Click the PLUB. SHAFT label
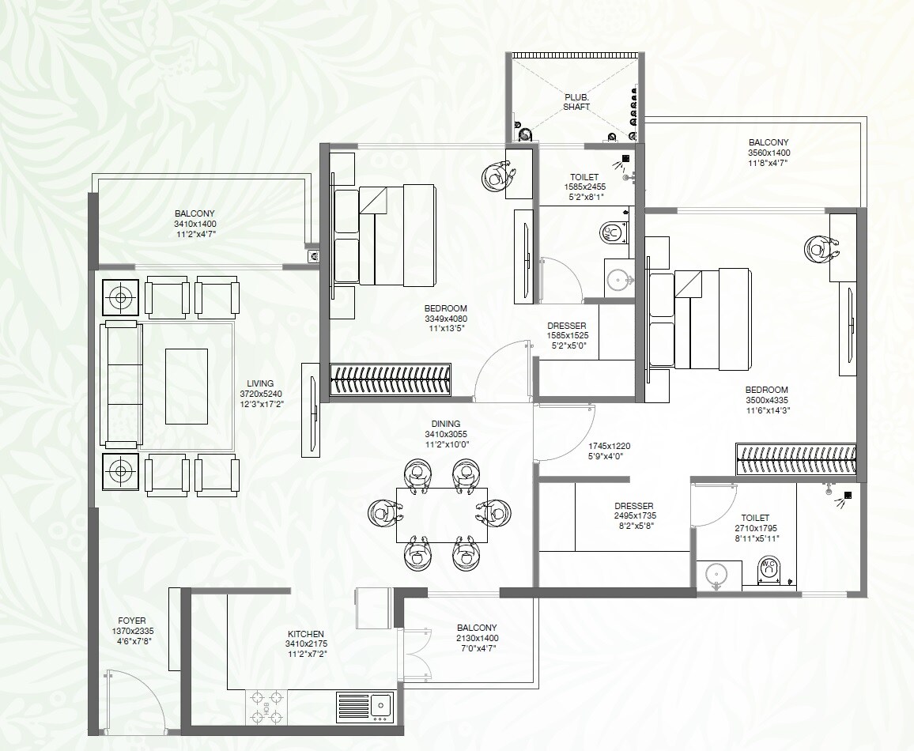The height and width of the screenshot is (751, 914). pos(576,100)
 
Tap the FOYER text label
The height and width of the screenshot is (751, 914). pos(131,621)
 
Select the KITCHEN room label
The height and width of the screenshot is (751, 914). pos(305,634)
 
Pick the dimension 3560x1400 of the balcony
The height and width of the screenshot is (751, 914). pos(769,153)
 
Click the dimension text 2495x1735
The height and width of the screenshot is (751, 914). pos(636,515)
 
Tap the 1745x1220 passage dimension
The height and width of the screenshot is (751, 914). pos(609,446)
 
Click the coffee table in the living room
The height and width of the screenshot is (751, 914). pos(186,386)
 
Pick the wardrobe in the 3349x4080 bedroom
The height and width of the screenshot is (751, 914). pos(390,379)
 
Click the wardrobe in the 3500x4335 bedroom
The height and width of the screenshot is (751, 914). pos(795,459)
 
